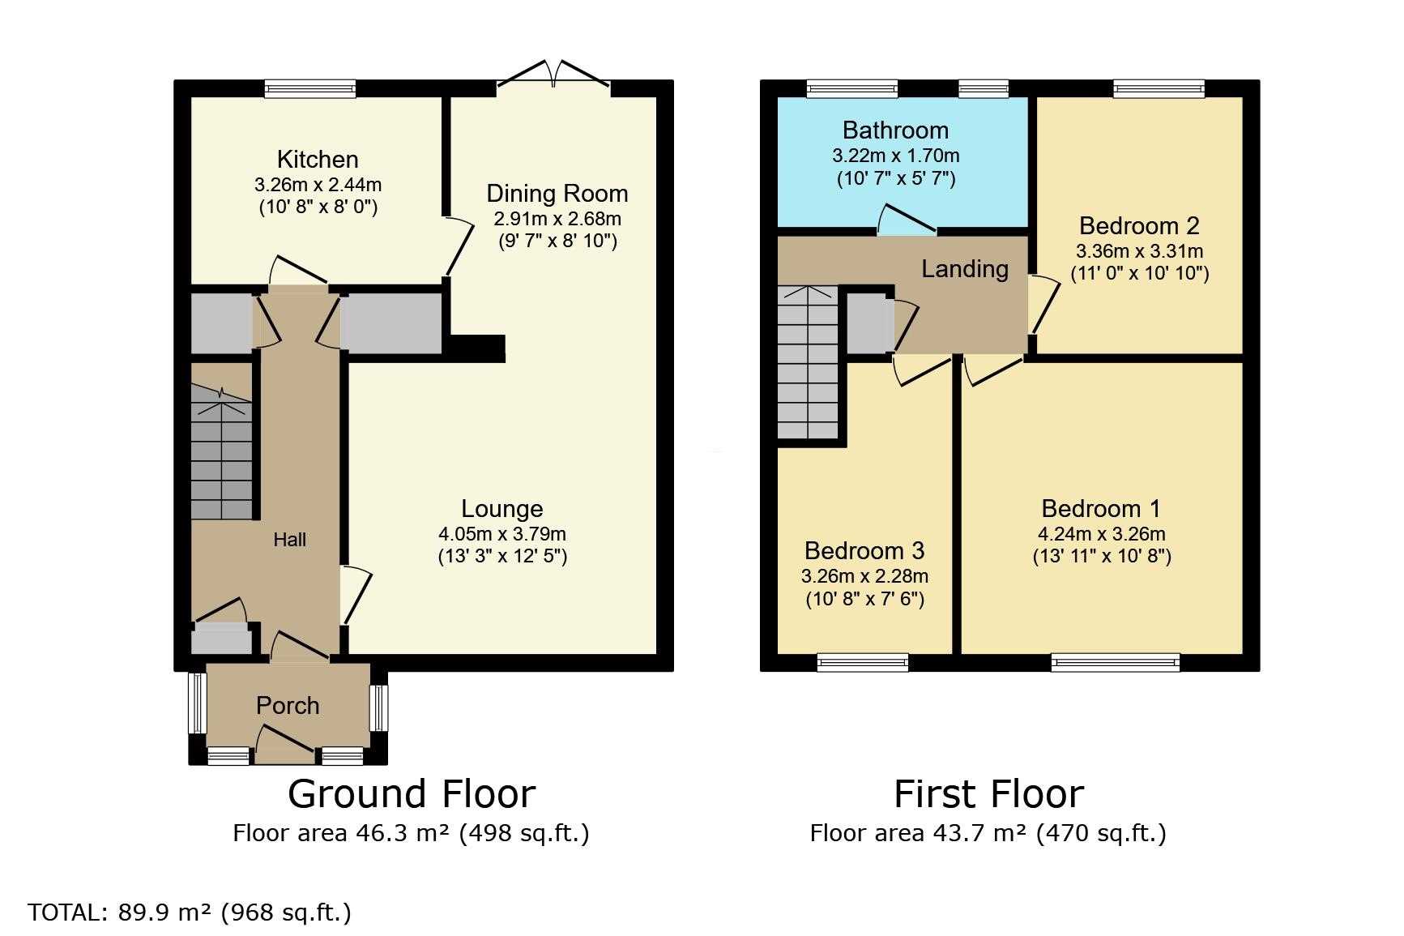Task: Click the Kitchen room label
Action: (318, 160)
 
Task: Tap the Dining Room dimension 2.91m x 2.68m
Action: (557, 219)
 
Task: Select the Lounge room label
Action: (502, 509)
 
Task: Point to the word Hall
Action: (289, 540)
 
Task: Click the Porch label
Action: (288, 706)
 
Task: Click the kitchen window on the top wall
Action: (310, 88)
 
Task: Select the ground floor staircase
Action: (221, 452)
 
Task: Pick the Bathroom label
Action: (895, 130)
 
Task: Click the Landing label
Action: (965, 269)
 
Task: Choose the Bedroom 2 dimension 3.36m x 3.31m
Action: (1139, 251)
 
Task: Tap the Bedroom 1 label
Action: (1101, 509)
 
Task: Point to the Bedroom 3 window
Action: (863, 663)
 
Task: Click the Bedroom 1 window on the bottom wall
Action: (1116, 663)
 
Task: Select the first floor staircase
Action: (808, 362)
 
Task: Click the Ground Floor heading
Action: (412, 794)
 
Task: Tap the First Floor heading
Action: (988, 794)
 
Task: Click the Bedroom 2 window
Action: (1159, 88)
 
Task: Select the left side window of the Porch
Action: (197, 703)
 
